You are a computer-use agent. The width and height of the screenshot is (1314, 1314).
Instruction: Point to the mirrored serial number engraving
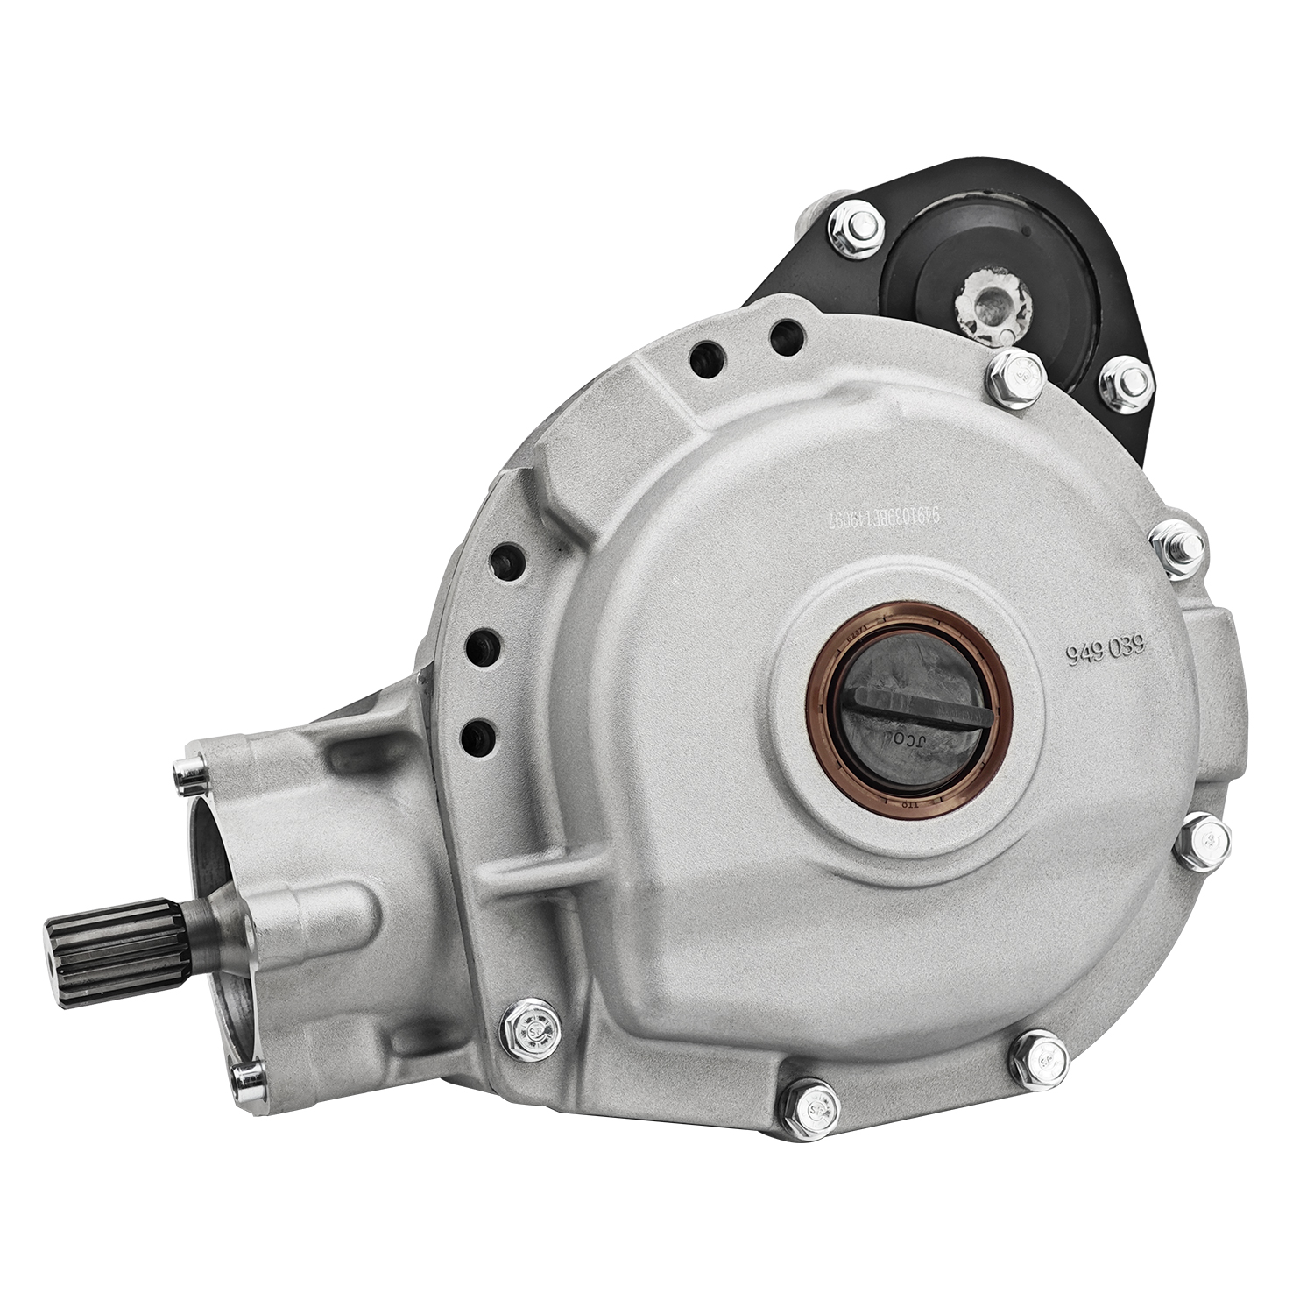tap(884, 523)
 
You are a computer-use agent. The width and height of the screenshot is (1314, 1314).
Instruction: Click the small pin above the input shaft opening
tap(187, 770)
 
